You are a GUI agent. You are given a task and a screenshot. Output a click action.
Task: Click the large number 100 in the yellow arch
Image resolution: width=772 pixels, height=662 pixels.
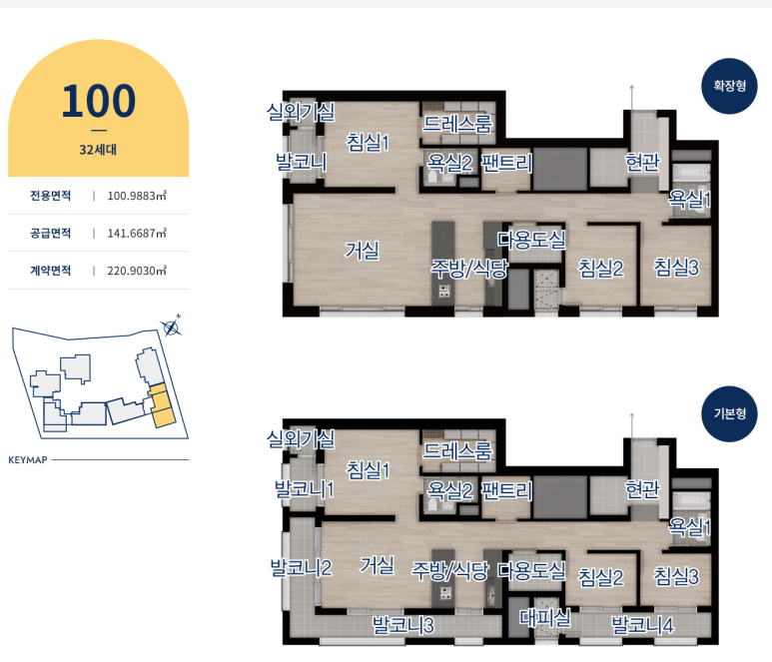tap(99, 101)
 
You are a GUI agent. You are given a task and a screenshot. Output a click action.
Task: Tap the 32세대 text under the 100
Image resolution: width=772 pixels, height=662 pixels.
tap(98, 150)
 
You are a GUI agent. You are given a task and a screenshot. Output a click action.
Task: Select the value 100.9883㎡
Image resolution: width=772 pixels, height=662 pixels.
tap(137, 196)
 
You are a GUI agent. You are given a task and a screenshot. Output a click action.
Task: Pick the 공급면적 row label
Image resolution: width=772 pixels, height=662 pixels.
tap(50, 233)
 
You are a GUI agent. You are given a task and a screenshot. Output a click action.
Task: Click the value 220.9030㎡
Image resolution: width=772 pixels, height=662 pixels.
tap(137, 271)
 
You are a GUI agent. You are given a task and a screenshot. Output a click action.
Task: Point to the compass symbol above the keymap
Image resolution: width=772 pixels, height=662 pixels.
tap(172, 327)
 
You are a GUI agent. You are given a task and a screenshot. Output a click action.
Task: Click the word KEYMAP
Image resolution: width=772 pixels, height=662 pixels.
tap(28, 460)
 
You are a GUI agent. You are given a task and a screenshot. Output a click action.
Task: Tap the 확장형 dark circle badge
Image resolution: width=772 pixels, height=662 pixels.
tap(730, 86)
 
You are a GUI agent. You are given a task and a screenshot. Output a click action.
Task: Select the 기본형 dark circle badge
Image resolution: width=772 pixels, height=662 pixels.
tap(730, 414)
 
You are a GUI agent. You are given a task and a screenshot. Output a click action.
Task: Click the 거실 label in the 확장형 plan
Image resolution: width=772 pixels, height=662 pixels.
tap(362, 250)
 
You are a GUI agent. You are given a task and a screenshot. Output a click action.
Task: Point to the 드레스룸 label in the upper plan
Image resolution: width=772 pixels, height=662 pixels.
tap(457, 123)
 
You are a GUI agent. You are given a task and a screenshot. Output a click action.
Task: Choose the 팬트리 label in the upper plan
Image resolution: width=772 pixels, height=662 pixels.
tap(506, 163)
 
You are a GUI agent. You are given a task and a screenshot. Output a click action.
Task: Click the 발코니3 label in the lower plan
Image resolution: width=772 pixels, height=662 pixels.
tap(402, 625)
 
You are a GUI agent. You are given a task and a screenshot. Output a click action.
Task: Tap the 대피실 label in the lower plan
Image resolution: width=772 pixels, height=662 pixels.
tap(545, 617)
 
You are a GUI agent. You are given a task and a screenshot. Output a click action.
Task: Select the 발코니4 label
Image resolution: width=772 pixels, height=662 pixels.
tap(642, 625)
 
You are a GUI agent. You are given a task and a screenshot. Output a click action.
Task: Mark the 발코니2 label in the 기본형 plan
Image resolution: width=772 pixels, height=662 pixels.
tap(301, 567)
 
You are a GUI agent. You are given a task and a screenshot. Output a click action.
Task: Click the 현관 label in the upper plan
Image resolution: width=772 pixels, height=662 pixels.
tap(642, 162)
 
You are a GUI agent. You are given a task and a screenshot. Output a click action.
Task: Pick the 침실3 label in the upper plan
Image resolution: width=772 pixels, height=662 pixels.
tap(676, 268)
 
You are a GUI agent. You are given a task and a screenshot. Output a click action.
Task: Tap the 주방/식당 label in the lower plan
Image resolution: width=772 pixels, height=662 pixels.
tap(450, 570)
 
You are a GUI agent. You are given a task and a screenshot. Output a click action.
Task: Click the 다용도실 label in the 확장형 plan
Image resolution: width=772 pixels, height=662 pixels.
tap(531, 240)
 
